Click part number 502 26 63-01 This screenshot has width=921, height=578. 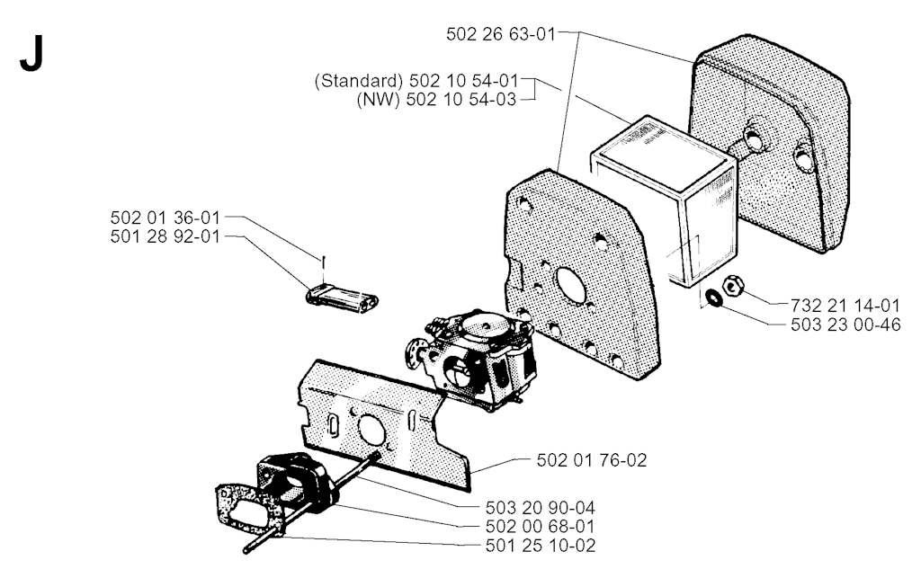[x=500, y=34]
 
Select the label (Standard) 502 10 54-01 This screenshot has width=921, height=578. [x=416, y=80]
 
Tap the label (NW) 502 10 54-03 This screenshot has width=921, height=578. [x=436, y=99]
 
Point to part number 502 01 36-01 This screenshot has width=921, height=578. [x=165, y=218]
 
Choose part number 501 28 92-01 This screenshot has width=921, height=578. [x=165, y=236]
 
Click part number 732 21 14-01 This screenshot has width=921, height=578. [x=845, y=305]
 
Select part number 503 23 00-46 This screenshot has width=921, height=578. [x=845, y=324]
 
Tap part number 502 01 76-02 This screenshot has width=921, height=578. [x=592, y=460]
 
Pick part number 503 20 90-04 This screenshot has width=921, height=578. [x=541, y=508]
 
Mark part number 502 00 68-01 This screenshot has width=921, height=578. [x=541, y=527]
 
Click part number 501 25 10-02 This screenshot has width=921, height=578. [x=541, y=546]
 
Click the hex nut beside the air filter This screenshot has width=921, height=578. [x=732, y=286]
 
